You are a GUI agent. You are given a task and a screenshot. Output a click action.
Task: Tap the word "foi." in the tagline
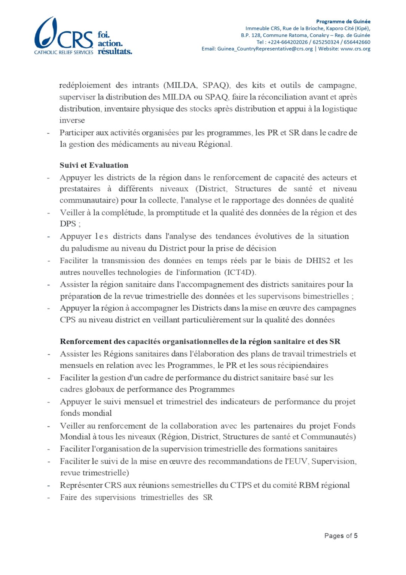tap(104, 35)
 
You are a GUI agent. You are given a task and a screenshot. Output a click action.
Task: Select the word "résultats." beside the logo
tap(115, 52)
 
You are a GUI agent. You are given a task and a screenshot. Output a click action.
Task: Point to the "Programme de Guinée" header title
tap(343, 21)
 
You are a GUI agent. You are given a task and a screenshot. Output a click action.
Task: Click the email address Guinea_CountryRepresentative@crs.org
tap(265, 49)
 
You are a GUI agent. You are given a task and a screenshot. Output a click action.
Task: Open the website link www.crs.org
tap(355, 49)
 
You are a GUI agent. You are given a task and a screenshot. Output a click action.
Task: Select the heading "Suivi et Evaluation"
tap(94, 165)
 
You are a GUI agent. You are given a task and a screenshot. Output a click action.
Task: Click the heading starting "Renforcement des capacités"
tap(200, 341)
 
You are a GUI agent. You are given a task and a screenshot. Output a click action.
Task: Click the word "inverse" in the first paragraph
tap(72, 120)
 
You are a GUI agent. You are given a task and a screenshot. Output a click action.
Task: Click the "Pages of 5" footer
tap(341, 536)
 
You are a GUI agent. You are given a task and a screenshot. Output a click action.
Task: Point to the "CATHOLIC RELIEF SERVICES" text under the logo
tap(64, 52)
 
